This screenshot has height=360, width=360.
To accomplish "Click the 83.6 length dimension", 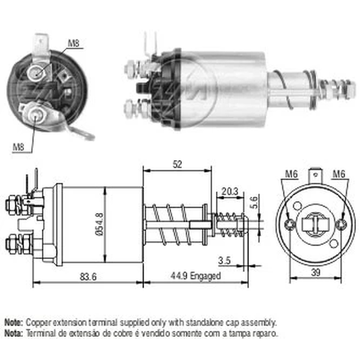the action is (89, 276).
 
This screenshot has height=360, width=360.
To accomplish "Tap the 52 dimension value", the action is (177, 165).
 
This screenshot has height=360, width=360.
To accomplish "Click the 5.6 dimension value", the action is (254, 202).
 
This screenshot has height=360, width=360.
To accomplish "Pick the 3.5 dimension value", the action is (224, 261).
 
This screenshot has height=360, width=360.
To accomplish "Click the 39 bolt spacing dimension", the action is (316, 273).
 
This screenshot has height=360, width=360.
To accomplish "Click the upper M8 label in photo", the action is (73, 43).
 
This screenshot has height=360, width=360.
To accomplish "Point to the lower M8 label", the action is (18, 147).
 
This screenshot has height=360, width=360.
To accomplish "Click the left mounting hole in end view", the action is (290, 224).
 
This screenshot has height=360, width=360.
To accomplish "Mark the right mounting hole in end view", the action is (342, 224).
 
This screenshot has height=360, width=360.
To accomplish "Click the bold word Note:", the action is (14, 322).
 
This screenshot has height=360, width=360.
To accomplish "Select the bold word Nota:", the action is (14, 333).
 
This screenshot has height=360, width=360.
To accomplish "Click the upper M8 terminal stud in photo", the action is (36, 73).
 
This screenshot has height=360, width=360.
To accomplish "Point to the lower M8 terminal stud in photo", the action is (35, 114).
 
